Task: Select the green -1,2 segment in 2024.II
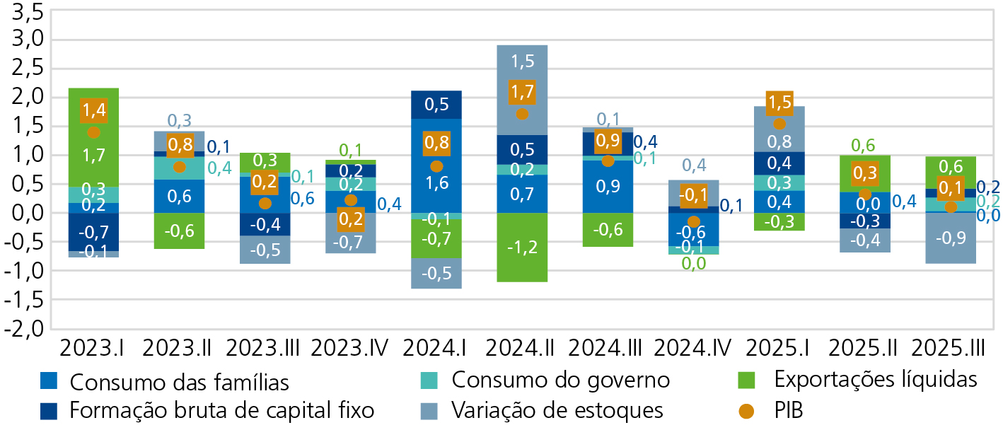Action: point(522,247)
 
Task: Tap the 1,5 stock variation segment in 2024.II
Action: point(522,62)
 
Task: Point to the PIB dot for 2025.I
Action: point(779,124)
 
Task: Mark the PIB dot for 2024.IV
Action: point(693,221)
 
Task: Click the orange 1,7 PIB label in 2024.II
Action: point(522,92)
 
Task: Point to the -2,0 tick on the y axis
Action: point(25,329)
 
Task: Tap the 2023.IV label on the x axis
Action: point(350,348)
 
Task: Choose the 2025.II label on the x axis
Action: point(864,348)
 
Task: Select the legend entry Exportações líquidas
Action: point(875,380)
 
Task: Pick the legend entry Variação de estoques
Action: point(557,409)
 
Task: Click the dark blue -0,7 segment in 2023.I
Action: point(94,232)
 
